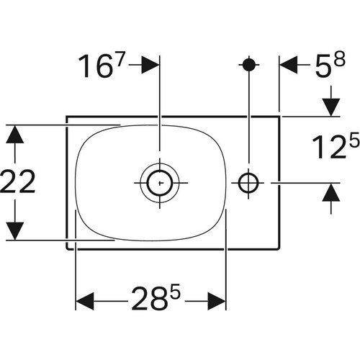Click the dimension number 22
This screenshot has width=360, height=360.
pyautogui.click(x=17, y=181)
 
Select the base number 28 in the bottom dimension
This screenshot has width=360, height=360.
pyautogui.click(x=149, y=298)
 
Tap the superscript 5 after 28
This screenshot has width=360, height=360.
pyautogui.click(x=175, y=291)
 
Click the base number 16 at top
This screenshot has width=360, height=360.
pyautogui.click(x=96, y=66)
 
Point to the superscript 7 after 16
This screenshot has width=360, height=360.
pyautogui.click(x=120, y=59)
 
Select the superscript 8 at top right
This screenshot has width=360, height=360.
pyautogui.click(x=340, y=58)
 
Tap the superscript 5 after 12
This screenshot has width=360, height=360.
pyautogui.click(x=354, y=139)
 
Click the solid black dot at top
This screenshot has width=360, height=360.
pyautogui.click(x=249, y=64)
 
